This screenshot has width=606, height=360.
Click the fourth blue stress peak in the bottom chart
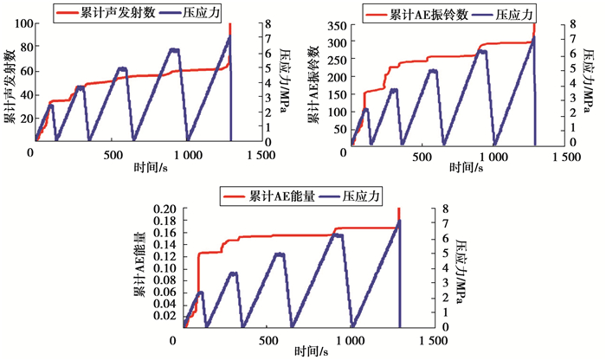(x=338, y=235)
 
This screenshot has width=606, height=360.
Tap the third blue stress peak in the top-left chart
(x=121, y=68)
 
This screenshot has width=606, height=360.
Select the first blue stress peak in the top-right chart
(x=365, y=110)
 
